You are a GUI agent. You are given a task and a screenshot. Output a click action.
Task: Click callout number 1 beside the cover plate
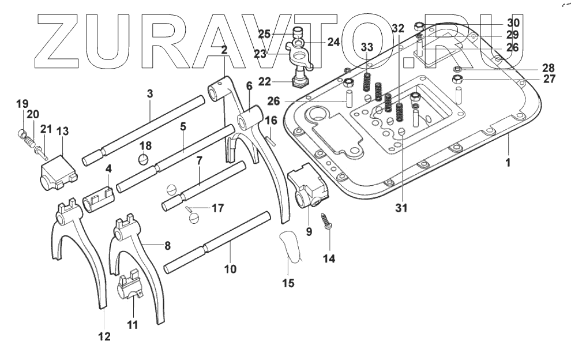coord(508,163)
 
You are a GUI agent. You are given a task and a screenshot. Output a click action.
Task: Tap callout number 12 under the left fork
coord(103,336)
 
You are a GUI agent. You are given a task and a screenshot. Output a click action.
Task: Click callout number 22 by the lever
coord(264,81)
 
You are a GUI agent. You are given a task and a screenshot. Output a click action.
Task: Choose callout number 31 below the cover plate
coord(401,208)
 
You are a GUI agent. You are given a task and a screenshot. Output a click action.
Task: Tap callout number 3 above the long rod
coord(149,93)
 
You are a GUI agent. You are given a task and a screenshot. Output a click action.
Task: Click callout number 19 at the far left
coord(22,104)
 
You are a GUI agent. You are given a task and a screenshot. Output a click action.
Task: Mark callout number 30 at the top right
coord(513,23)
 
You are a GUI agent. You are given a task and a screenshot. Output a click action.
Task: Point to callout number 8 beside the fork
coord(167,245)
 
